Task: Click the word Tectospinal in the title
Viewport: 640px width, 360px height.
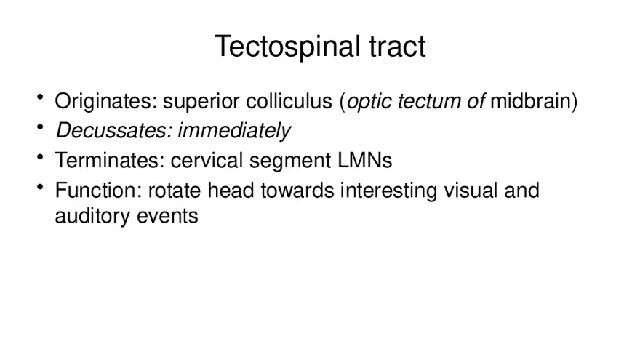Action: click(287, 47)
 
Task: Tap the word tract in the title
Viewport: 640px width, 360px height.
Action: click(397, 46)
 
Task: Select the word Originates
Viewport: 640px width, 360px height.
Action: click(105, 101)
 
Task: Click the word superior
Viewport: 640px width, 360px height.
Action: click(201, 102)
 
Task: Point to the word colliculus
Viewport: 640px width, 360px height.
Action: click(289, 101)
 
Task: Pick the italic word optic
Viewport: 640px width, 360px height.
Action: click(369, 102)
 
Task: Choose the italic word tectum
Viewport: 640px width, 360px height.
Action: click(429, 102)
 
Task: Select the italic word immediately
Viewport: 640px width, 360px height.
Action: click(234, 132)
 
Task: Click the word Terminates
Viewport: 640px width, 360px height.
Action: click(109, 161)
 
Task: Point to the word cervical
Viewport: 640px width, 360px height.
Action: click(207, 161)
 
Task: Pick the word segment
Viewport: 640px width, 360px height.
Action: click(289, 161)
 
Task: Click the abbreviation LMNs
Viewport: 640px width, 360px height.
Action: click(364, 161)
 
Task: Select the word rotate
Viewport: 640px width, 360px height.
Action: click(175, 191)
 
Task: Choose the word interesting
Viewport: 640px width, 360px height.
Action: click(388, 191)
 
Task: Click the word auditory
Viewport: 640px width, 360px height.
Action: click(92, 216)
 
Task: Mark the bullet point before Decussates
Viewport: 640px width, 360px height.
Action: click(40, 127)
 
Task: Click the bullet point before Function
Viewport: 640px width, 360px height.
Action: click(40, 187)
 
